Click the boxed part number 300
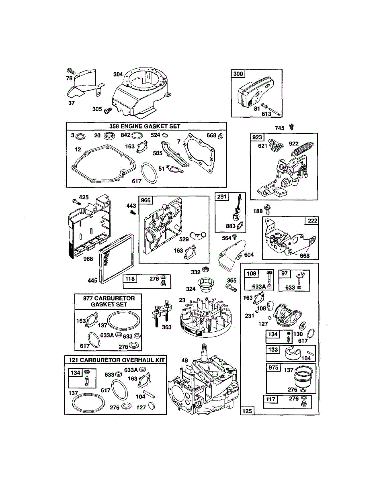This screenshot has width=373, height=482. [x=238, y=74]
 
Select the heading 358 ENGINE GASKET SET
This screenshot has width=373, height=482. [x=146, y=126]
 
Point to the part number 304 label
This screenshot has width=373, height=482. [x=118, y=74]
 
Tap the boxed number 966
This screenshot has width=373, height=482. [x=146, y=200]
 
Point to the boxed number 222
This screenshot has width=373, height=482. [x=312, y=221]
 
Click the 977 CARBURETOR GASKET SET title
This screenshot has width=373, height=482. [x=109, y=301]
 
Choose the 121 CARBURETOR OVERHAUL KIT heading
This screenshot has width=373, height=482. [x=116, y=360]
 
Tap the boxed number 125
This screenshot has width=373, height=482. [x=247, y=411]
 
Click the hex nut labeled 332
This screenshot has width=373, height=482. [x=205, y=270]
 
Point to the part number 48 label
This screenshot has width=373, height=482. [x=184, y=360]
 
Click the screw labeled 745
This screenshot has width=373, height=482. [x=292, y=127]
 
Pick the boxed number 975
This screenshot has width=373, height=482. [x=273, y=367]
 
